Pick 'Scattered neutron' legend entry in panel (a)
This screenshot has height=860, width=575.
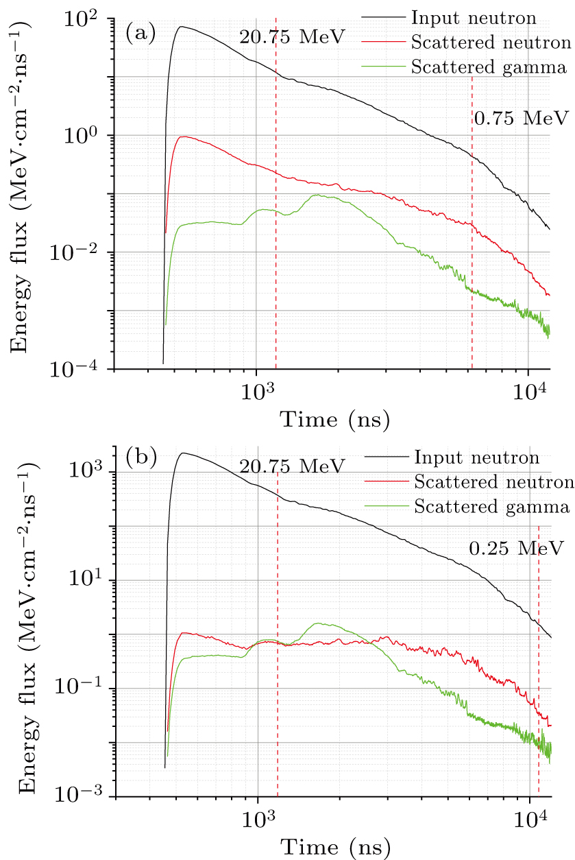pyautogui.click(x=490, y=42)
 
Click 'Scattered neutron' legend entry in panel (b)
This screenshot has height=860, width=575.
pyautogui.click(x=493, y=482)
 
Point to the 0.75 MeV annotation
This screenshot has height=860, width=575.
pyautogui.click(x=521, y=117)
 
